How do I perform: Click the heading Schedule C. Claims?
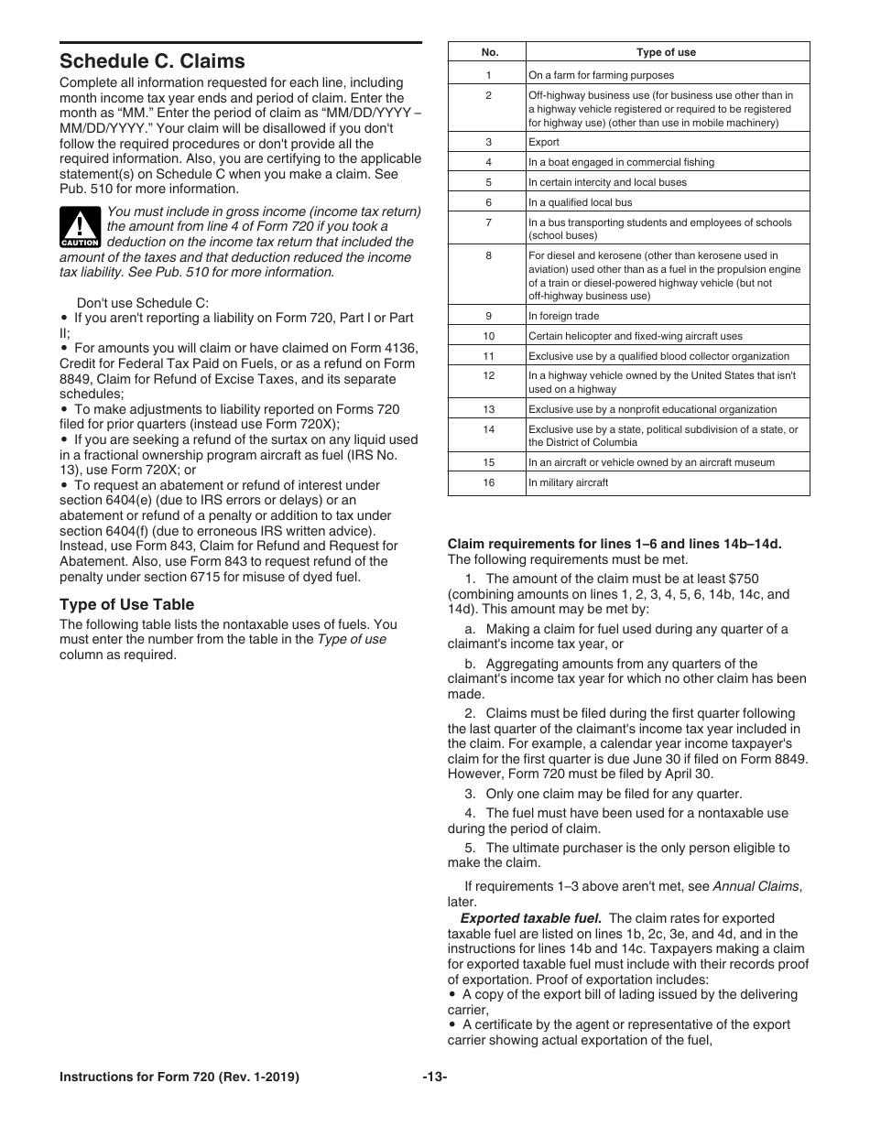point(152,61)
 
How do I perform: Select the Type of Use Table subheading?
point(126,604)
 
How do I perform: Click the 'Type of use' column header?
point(666,53)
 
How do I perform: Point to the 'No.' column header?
point(489,53)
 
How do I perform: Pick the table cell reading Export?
point(544,142)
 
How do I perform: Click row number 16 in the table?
point(488,482)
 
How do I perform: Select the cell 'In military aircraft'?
point(568,482)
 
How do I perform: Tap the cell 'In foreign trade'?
point(563,316)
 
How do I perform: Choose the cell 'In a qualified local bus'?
point(580,202)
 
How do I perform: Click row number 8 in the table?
point(488,256)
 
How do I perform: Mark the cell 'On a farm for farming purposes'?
point(601,75)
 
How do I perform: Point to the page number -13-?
point(435,1077)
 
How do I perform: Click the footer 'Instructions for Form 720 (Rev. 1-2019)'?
point(179,1077)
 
